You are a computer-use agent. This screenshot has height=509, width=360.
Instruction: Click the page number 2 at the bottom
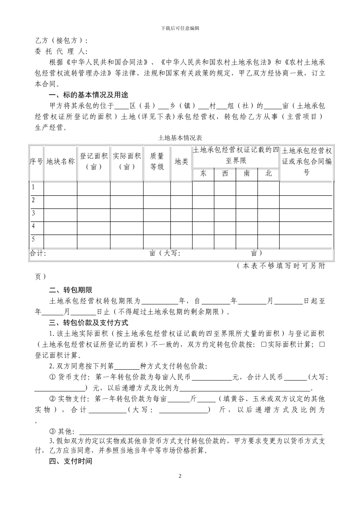(x=180, y=476)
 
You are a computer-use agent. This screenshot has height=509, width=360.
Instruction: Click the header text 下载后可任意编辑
(x=180, y=28)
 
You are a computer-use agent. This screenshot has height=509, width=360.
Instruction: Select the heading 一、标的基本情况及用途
(x=89, y=95)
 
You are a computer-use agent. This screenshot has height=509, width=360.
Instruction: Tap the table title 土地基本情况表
(x=180, y=138)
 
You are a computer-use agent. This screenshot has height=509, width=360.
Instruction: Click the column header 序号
(x=36, y=162)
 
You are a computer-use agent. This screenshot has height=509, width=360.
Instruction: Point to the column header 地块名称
(x=61, y=162)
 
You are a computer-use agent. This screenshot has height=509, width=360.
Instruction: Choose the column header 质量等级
(x=157, y=162)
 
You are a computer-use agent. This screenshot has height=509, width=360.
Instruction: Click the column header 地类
(x=181, y=162)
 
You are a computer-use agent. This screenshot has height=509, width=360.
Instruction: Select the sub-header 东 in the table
(x=203, y=174)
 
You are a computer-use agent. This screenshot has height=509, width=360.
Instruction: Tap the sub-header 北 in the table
(x=269, y=174)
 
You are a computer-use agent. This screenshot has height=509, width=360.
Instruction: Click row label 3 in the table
(x=33, y=213)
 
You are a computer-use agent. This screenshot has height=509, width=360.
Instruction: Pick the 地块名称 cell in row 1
(x=61, y=187)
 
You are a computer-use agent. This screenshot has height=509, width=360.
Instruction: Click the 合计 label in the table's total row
(x=38, y=253)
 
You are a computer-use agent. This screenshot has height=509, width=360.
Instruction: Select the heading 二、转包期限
(x=71, y=290)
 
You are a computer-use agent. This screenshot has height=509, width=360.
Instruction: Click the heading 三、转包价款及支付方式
(x=89, y=323)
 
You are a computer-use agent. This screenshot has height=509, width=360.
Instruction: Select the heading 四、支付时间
(x=71, y=461)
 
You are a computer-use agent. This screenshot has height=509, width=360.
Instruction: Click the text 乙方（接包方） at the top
(x=61, y=41)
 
